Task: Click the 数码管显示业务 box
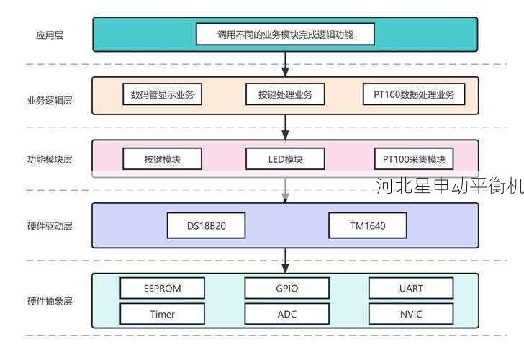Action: point(162,94)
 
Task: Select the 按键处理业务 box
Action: point(285,94)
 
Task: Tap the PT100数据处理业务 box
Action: point(414,94)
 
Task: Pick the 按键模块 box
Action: point(162,158)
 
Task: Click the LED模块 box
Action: point(285,158)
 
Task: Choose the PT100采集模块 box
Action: point(414,158)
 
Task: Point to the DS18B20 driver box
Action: point(207,225)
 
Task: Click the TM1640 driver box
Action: point(367,225)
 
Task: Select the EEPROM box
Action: point(162,288)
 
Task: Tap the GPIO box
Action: point(286,288)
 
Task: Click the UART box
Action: point(411,288)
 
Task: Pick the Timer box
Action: point(162,314)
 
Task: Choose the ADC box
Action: point(286,314)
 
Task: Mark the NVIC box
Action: point(411,314)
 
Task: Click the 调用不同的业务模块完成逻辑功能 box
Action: point(285,34)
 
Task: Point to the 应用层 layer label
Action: point(49,35)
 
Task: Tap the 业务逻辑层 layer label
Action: point(49,100)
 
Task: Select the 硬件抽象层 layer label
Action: point(49,301)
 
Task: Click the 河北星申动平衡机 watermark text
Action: point(450,186)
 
